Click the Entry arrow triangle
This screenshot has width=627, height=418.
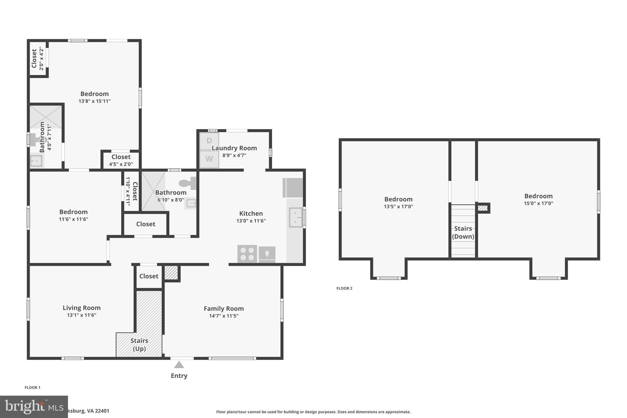click(179, 365)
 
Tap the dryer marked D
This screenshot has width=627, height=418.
click(209, 141)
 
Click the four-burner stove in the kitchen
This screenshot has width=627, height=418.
click(247, 254)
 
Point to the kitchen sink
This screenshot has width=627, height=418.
click(295, 217)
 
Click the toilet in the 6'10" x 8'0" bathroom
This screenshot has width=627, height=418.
click(188, 183)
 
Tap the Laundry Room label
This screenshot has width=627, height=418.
click(234, 148)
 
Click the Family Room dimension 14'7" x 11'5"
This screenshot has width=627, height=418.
click(223, 316)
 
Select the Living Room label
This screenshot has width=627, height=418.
click(81, 308)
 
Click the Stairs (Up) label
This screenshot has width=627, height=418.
click(139, 345)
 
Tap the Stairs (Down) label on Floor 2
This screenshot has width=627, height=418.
click(463, 232)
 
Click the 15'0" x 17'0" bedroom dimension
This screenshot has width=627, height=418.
click(538, 203)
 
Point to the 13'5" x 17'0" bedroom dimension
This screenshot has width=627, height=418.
click(398, 206)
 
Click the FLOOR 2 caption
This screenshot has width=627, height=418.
click(344, 288)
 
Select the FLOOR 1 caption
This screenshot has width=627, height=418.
click(32, 387)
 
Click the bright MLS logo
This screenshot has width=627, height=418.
click(34, 407)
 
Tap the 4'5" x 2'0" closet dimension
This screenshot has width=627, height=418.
click(121, 164)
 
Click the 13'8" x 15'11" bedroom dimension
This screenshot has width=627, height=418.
click(94, 101)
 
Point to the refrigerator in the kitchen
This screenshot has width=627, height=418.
click(293, 188)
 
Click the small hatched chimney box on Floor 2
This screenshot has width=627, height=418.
click(482, 208)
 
